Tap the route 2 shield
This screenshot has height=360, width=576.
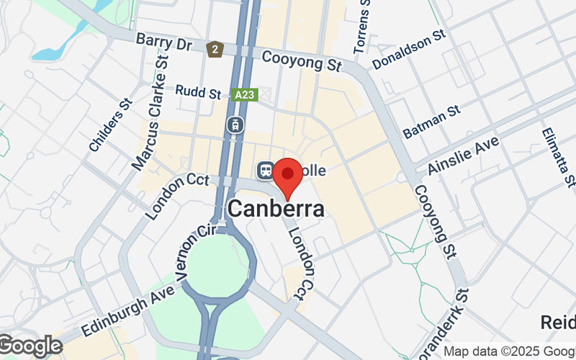(213, 50)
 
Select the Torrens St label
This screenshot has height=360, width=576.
(363, 27)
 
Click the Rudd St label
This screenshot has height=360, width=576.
(198, 92)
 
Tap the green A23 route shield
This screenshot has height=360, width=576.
(246, 94)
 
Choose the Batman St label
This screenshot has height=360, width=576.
(431, 122)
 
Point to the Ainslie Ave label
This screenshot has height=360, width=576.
(463, 156)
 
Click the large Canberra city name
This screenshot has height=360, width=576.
(276, 209)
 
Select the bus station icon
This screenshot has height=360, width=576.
(264, 171)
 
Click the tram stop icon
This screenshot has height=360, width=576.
(235, 124)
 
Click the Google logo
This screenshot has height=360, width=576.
(30, 346)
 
